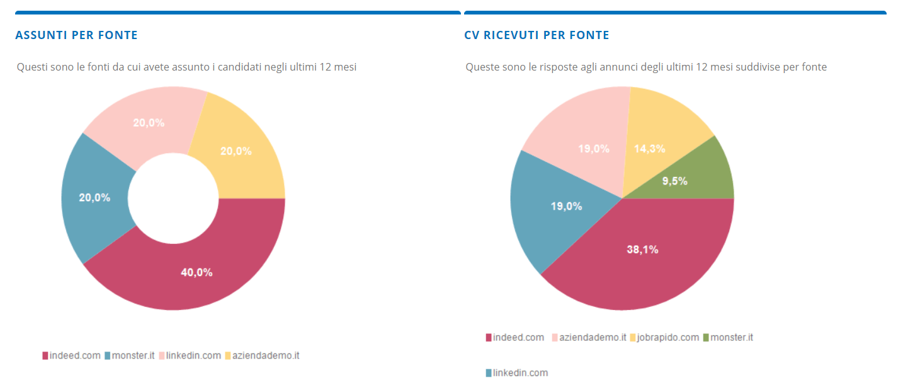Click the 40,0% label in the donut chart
tap(196, 272)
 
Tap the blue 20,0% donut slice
tap(94, 198)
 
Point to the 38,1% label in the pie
tap(642, 249)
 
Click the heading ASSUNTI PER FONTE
tap(76, 35)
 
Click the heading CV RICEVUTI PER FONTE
tap(537, 35)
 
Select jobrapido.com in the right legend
tap(668, 337)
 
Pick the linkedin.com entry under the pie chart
tap(520, 372)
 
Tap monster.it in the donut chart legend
tap(133, 355)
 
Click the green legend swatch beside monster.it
tap(706, 338)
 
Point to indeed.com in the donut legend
tap(74, 355)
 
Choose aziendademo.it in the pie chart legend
tap(593, 337)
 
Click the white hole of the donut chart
tap(173, 198)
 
